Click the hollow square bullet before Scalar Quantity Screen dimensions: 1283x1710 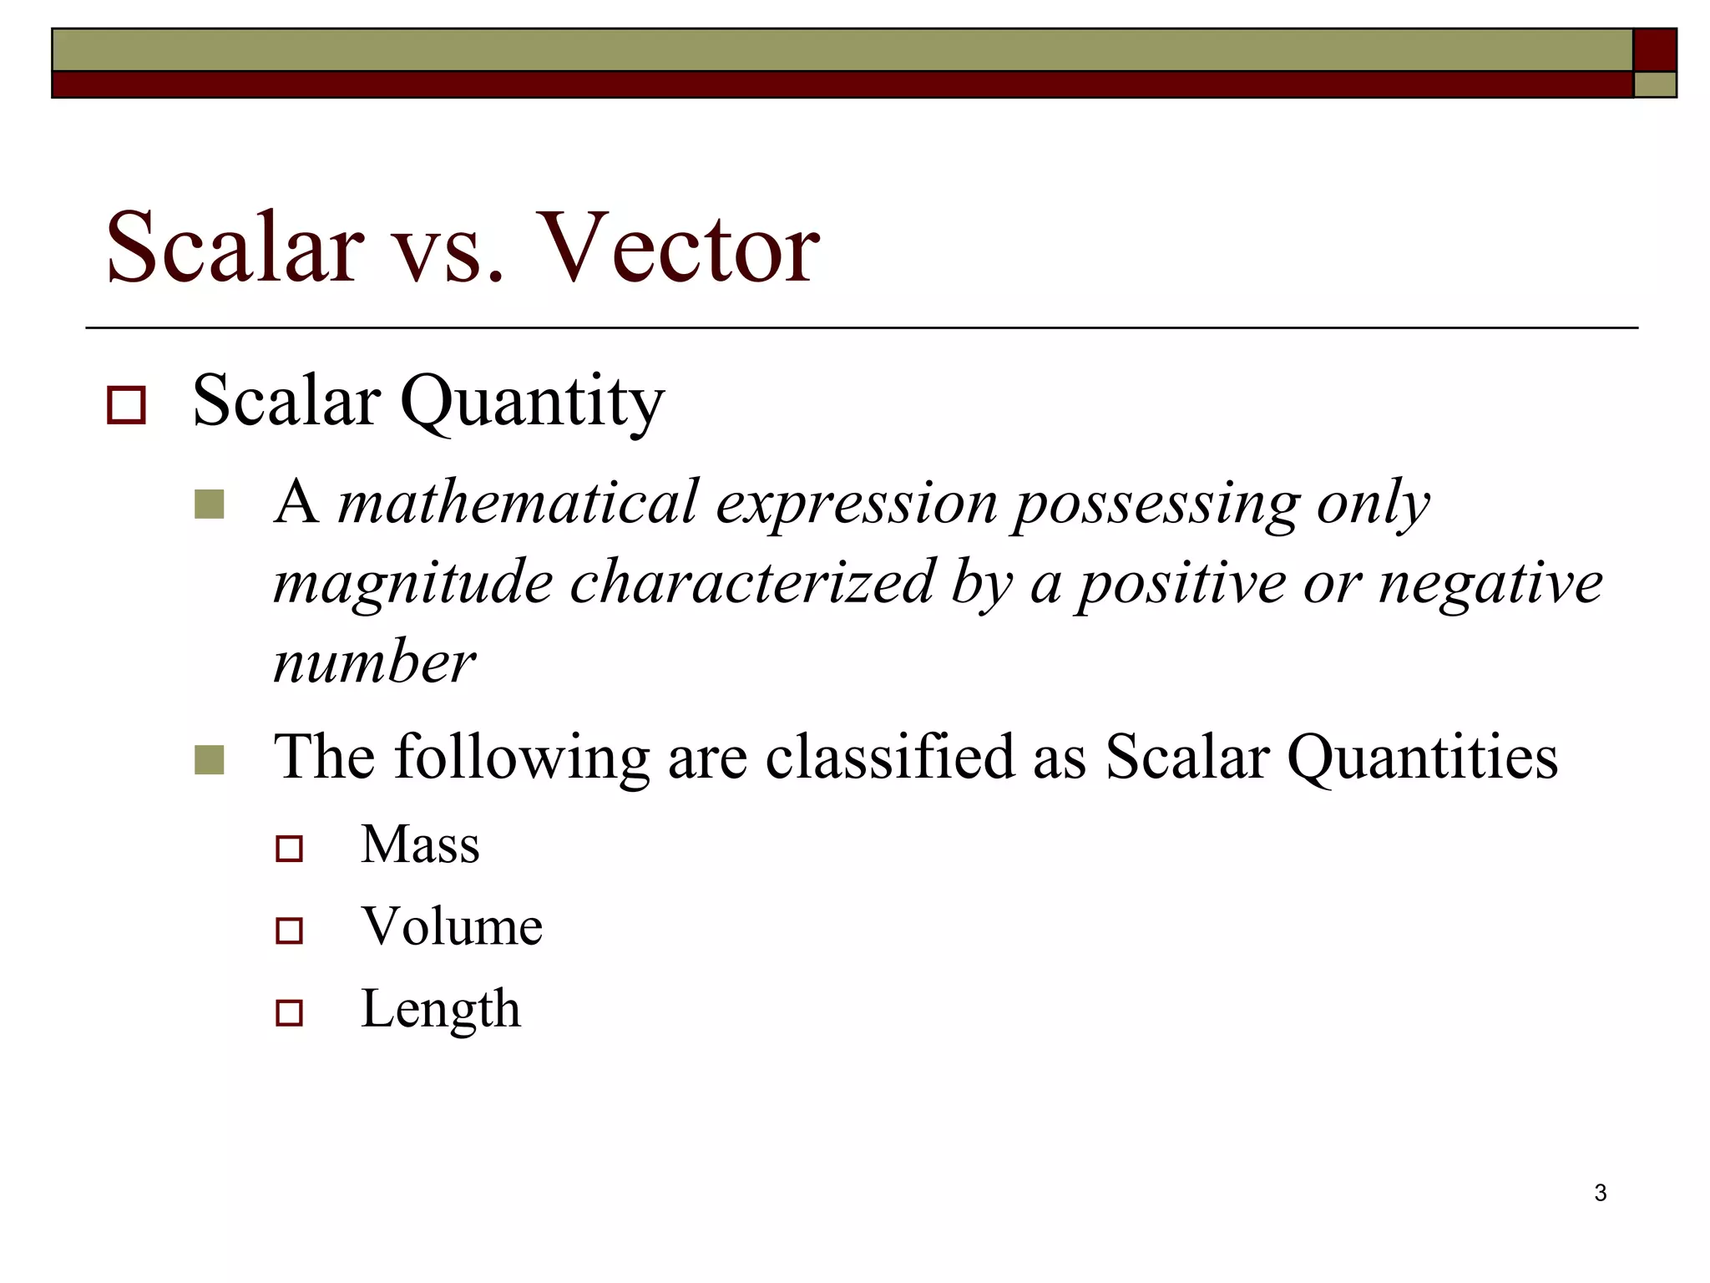coord(127,405)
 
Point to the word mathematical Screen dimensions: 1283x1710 coord(517,503)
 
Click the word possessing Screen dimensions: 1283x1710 coord(1156,505)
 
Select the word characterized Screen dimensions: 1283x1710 coord(751,582)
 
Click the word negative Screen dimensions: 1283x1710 coord(1490,582)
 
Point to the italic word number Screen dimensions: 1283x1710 coord(374,662)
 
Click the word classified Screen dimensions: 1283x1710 coord(888,757)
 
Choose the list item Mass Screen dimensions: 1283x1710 coord(420,844)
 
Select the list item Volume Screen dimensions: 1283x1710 coord(452,926)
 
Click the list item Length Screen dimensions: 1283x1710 coord(440,1009)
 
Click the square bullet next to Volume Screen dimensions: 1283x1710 coord(289,931)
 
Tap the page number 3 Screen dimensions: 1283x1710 coord(1600,1193)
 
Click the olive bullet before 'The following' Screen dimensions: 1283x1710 coord(209,759)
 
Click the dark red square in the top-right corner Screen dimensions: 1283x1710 coord(1654,50)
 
